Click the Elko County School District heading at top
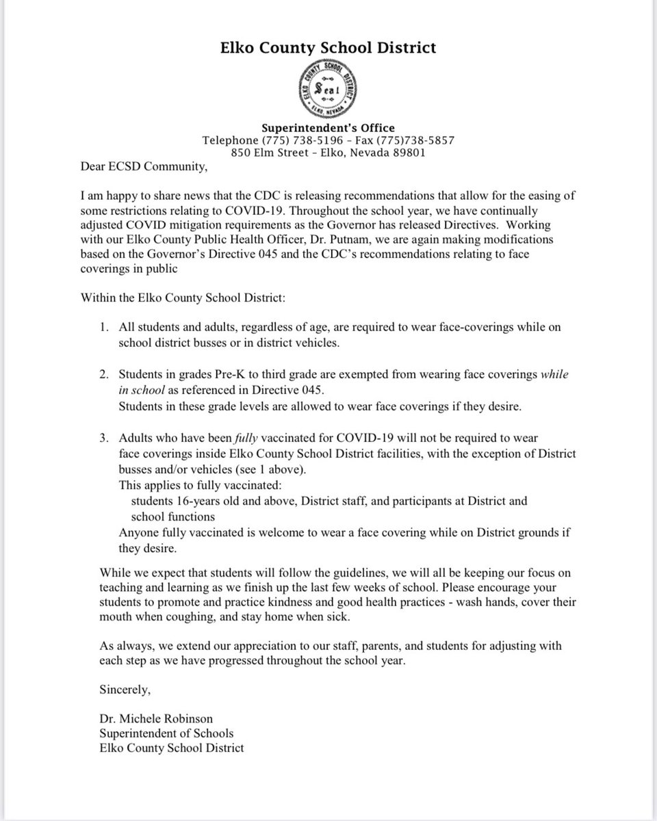(x=328, y=48)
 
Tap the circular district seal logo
(x=328, y=90)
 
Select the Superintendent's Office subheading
(x=328, y=128)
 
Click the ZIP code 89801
(x=409, y=153)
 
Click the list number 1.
(x=103, y=328)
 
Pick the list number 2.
(x=103, y=376)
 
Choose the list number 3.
(x=103, y=437)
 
